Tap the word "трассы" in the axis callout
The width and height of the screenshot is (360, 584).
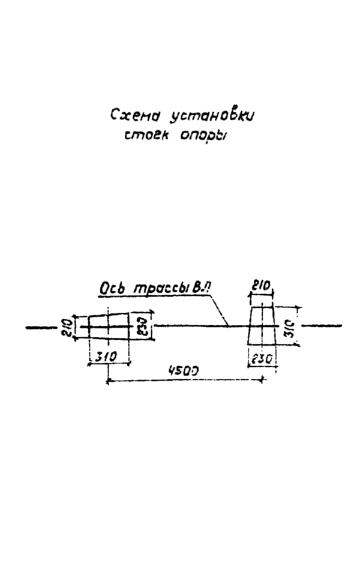(x=154, y=289)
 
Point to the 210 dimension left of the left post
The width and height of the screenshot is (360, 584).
(x=69, y=327)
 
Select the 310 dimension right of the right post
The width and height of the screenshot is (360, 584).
(x=289, y=327)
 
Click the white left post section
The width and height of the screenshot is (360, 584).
(x=109, y=327)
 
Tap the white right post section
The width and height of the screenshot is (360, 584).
(x=262, y=327)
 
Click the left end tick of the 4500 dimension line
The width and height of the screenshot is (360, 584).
(x=108, y=380)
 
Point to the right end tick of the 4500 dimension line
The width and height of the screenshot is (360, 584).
(x=262, y=380)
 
